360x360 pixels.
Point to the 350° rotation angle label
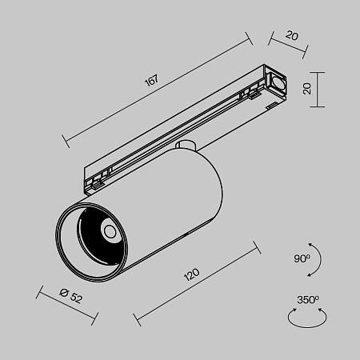pos(308,300)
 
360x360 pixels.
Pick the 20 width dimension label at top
pos(290,35)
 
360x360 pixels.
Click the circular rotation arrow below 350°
pos(307,318)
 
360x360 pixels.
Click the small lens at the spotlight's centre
pos(109,232)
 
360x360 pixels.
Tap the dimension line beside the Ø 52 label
pos(67,308)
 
